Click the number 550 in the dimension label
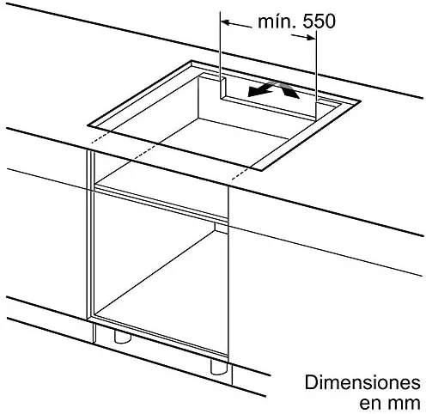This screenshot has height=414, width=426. tap(319, 21)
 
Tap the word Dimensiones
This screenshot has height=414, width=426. tap(362, 382)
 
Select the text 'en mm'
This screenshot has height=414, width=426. tap(390, 403)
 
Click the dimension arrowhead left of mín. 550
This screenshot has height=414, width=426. tap(226, 22)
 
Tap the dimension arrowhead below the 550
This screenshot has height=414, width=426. tap(311, 37)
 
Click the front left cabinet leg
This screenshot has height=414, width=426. tap(123, 336)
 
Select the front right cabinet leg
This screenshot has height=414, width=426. tap(219, 366)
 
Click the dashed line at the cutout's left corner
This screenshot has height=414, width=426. tap(100, 137)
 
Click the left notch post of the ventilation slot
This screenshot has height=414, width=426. tap(223, 88)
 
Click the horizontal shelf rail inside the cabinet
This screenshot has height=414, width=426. tap(161, 204)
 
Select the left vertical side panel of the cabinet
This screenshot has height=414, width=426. tap(90, 234)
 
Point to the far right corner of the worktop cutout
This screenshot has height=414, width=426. tap(360, 100)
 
